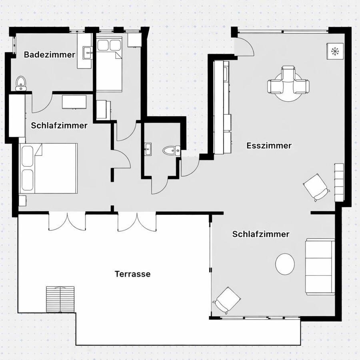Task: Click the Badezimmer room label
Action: pyautogui.click(x=50, y=55)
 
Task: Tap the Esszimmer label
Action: pyautogui.click(x=269, y=146)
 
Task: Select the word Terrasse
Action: pyautogui.click(x=132, y=274)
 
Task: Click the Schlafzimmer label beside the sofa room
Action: pyautogui.click(x=261, y=234)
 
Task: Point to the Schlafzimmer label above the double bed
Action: pyautogui.click(x=59, y=125)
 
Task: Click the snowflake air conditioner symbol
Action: pyautogui.click(x=335, y=51)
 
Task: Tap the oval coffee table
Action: pyautogui.click(x=286, y=264)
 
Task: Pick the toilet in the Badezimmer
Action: pyautogui.click(x=21, y=83)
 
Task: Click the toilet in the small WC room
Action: pyautogui.click(x=172, y=150)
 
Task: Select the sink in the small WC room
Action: pyautogui.click(x=148, y=150)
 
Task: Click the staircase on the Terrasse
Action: pyautogui.click(x=60, y=299)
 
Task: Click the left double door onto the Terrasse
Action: pyautogui.click(x=67, y=222)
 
